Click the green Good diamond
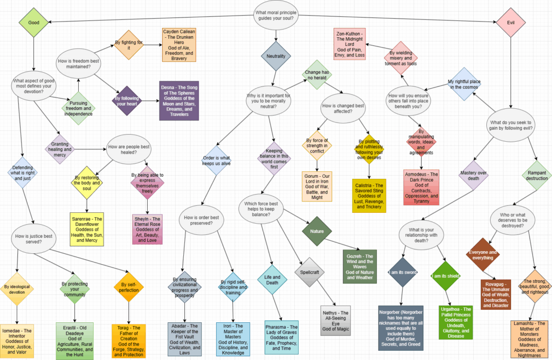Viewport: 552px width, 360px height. tap(33, 23)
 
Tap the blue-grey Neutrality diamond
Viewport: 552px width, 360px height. tap(275, 56)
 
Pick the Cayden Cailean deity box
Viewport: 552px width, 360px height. tap(179, 45)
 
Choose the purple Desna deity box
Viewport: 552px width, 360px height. tap(179, 101)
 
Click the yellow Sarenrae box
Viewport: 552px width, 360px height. tap(87, 229)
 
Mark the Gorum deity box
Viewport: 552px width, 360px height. tap(316, 187)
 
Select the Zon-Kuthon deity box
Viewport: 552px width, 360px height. tap(350, 44)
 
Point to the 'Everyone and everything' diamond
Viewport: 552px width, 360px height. tap(484, 255)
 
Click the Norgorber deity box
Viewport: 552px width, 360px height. tap(400, 327)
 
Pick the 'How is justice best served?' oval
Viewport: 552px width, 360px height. tap(33, 238)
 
